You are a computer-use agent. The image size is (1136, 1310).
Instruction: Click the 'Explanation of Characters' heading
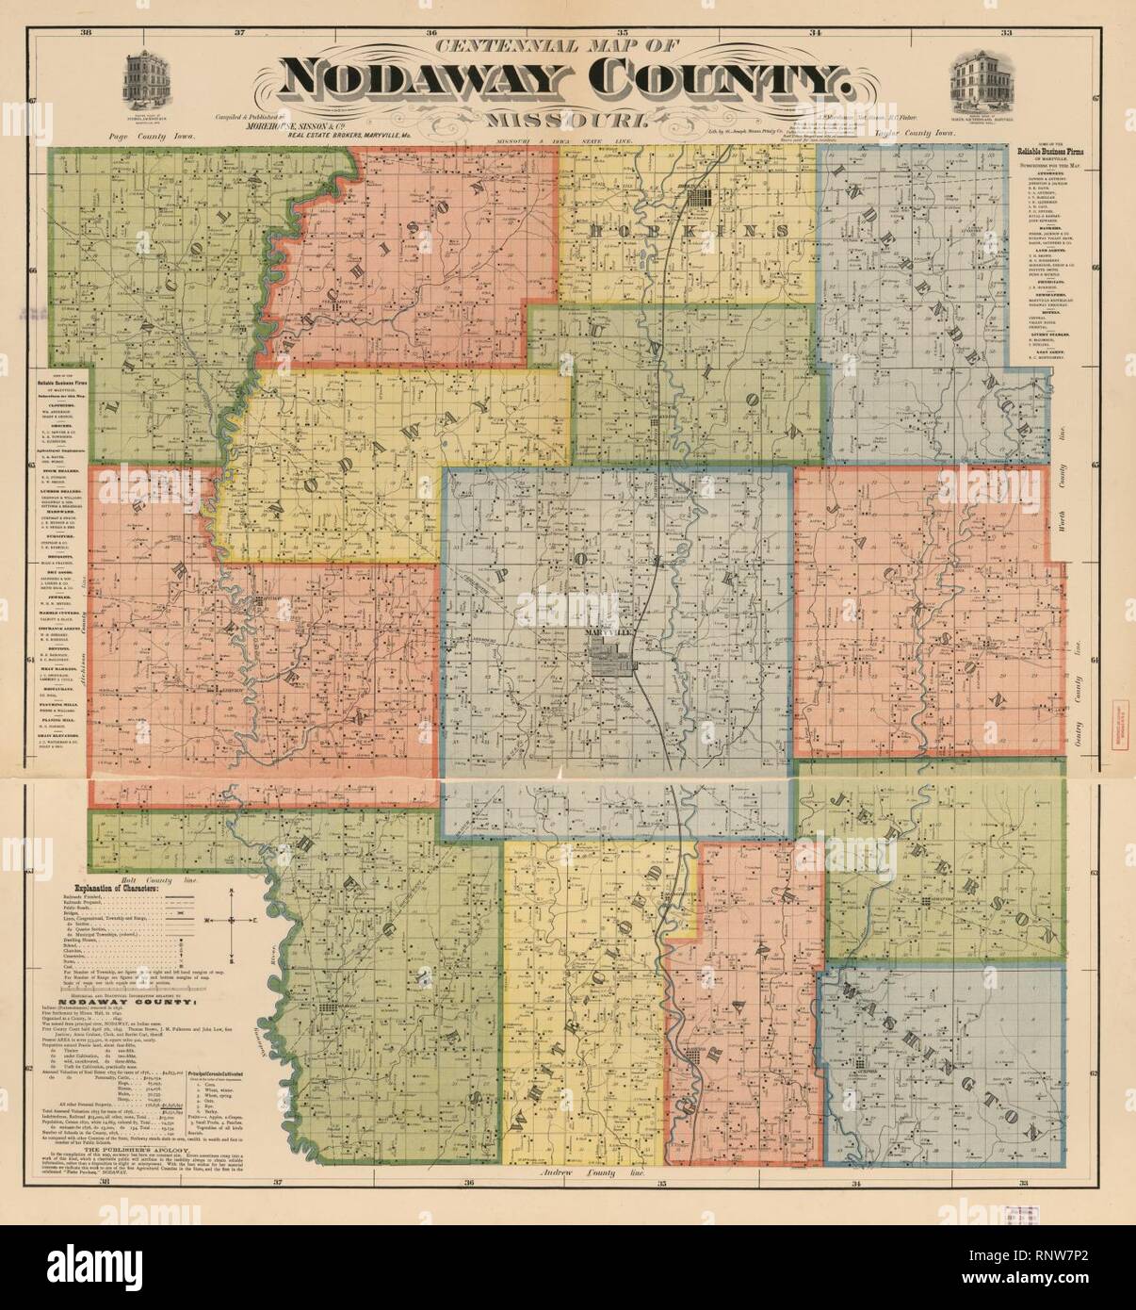point(144,889)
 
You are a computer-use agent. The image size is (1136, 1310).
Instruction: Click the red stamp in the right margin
point(1122,712)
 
